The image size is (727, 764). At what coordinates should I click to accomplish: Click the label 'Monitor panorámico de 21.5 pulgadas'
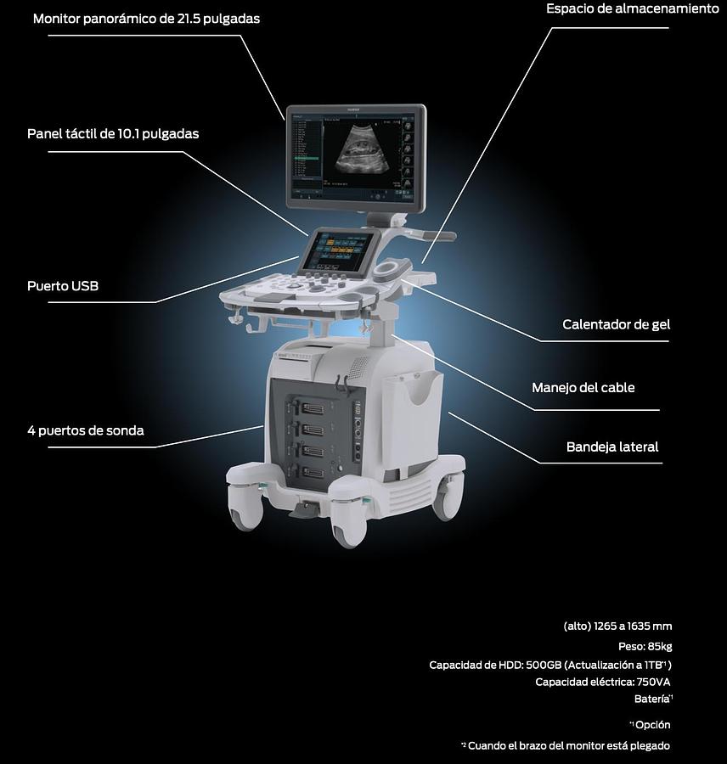point(146,18)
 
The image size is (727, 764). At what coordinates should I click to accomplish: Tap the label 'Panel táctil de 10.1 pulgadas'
point(113,134)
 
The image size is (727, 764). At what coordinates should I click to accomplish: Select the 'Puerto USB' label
point(63,286)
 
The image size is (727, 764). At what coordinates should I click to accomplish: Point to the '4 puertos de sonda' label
point(85,430)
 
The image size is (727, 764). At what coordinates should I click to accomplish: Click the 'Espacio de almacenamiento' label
point(632,8)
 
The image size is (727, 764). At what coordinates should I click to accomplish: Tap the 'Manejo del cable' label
point(583,388)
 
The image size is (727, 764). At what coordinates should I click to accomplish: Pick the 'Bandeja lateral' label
point(611,447)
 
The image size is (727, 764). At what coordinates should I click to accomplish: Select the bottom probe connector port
point(312,472)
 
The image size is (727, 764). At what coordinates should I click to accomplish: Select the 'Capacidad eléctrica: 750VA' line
point(603,682)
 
